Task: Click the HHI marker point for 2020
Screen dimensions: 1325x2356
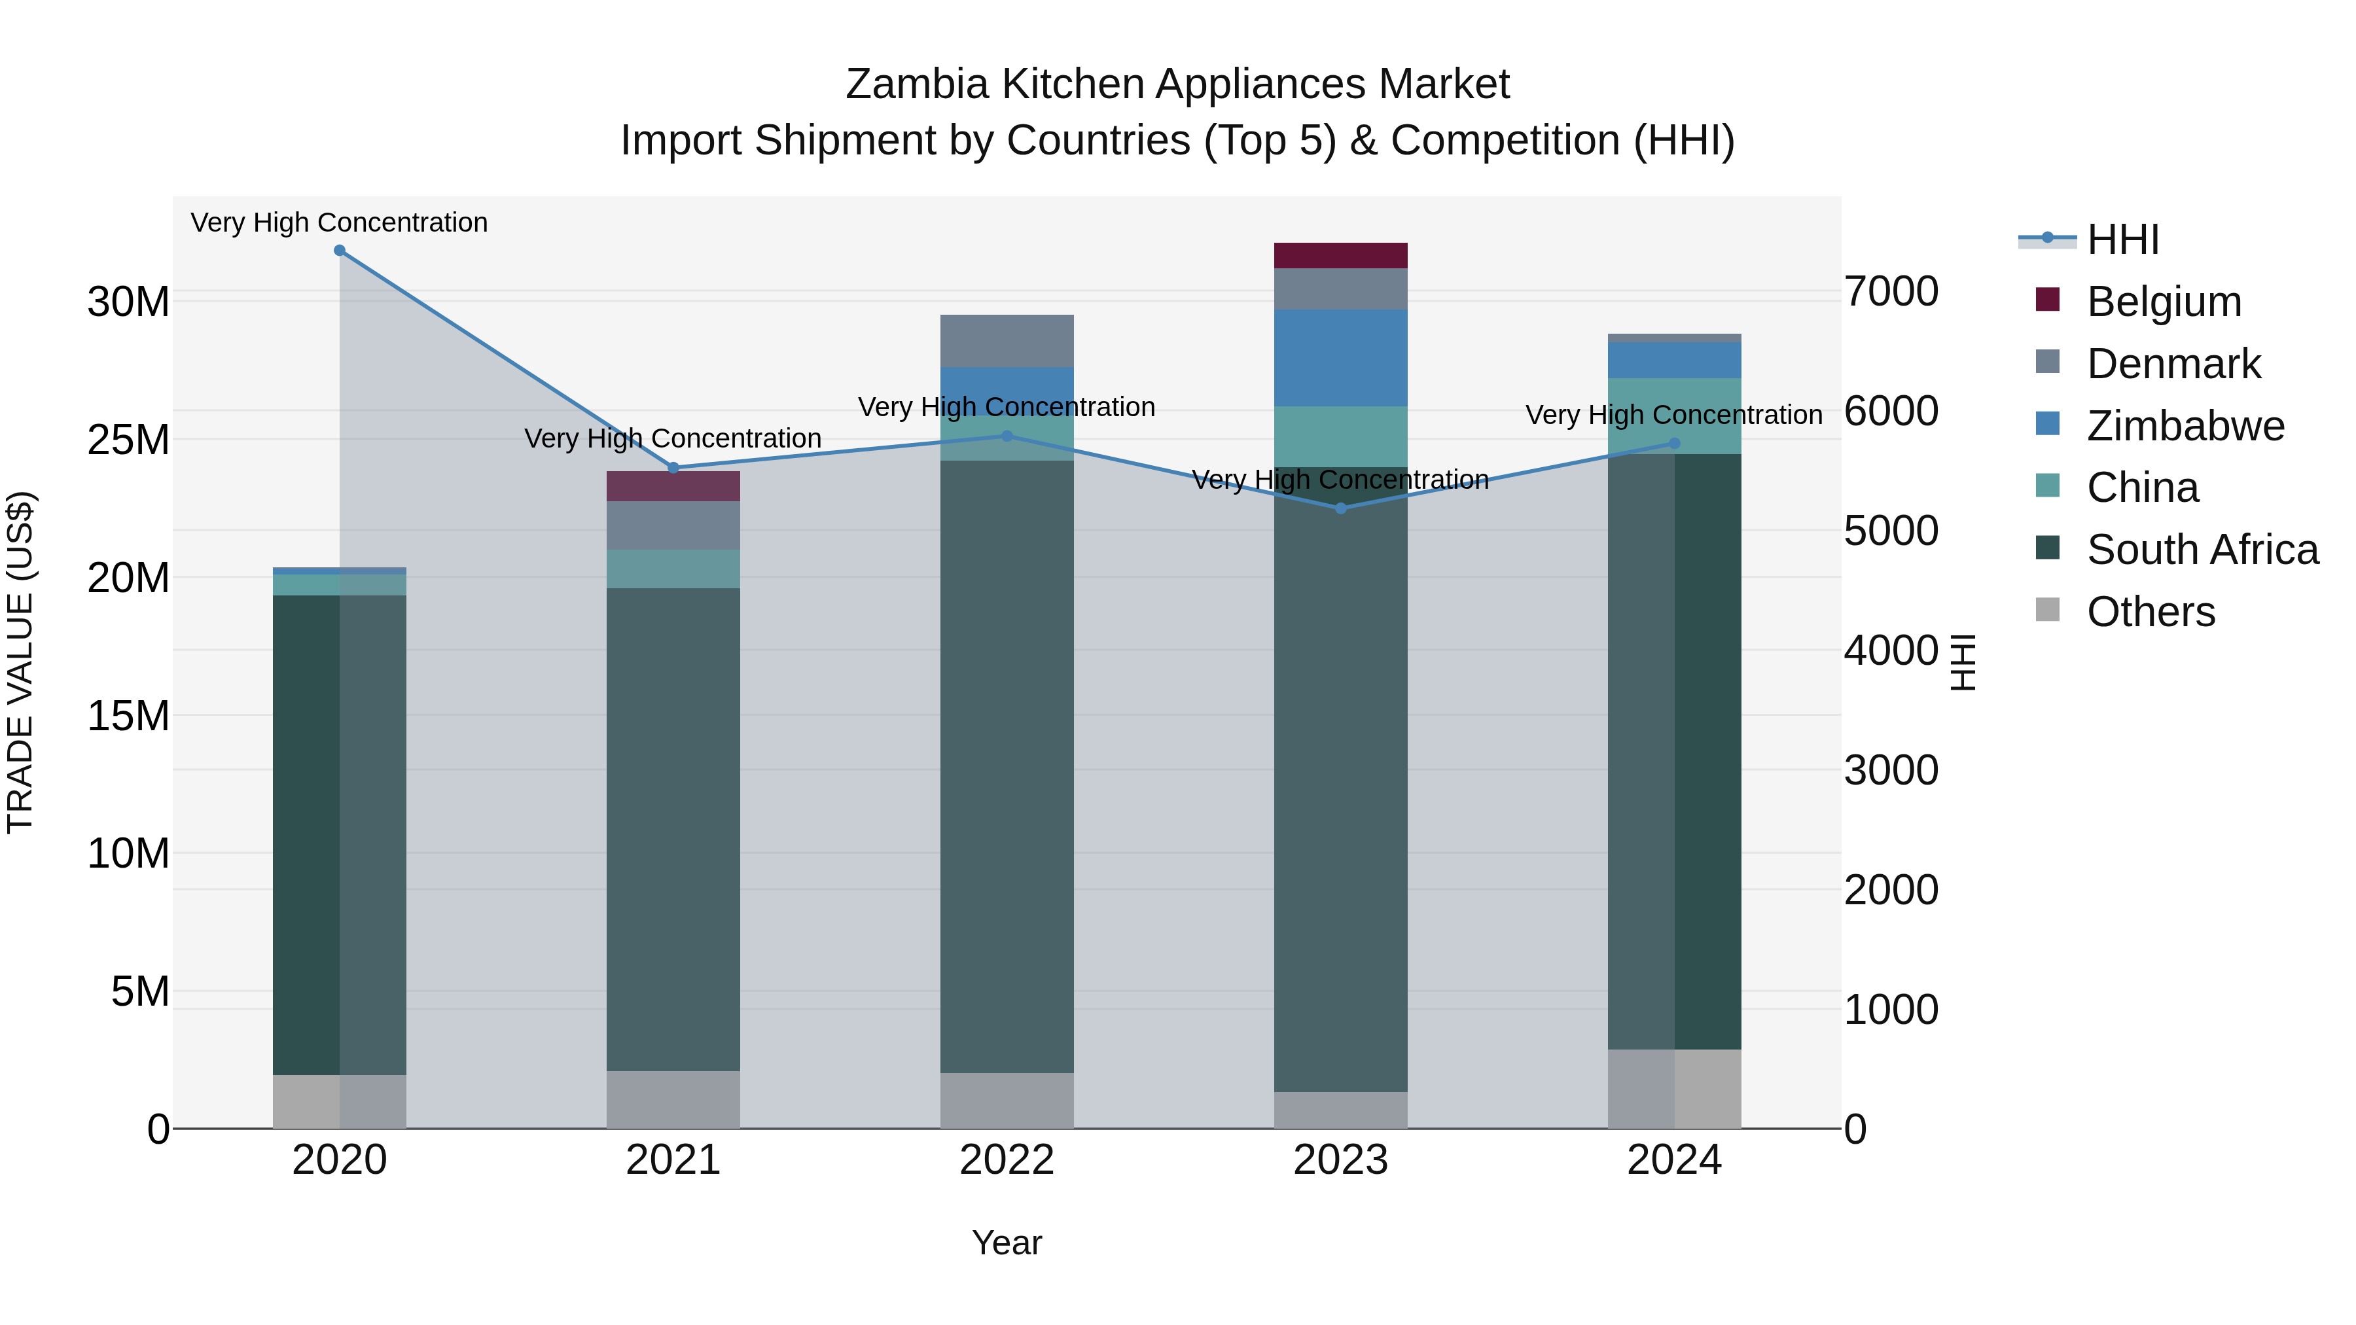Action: [339, 251]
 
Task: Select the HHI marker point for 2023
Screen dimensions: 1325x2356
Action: [1341, 508]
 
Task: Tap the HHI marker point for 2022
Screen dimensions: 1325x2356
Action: [1007, 436]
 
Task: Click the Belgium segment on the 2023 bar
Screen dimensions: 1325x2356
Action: [1341, 256]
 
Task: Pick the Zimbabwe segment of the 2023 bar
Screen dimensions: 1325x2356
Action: [1341, 357]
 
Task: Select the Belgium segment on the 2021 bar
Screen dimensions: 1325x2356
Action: [673, 486]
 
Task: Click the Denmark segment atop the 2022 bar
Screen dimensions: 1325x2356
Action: [1007, 341]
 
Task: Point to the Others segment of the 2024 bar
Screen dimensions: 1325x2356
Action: [1675, 1088]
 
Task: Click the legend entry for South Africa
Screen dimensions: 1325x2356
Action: [2202, 550]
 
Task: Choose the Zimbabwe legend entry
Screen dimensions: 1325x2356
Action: [2185, 426]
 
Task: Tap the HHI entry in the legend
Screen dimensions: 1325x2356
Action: [2122, 239]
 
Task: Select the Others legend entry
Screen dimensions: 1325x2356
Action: [2151, 612]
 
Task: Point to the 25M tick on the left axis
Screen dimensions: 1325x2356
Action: [128, 440]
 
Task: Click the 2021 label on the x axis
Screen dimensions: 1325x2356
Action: [673, 1160]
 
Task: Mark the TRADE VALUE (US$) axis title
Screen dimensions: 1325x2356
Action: [20, 662]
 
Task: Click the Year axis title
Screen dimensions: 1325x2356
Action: [1007, 1243]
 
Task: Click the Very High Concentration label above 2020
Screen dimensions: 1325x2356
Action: [339, 222]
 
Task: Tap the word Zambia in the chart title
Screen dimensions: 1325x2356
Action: [918, 84]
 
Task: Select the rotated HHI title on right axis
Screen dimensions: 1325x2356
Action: [1963, 662]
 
